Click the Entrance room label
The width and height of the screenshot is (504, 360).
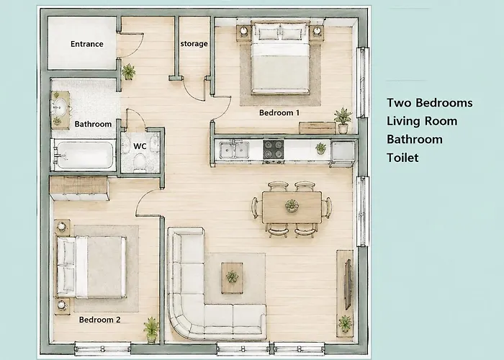(87, 44)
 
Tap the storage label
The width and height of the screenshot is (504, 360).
(194, 43)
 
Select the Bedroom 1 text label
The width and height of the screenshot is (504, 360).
(279, 112)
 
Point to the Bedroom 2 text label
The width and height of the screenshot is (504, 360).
(99, 320)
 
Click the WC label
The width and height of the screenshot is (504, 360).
(140, 146)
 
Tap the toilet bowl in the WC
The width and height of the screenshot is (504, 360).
(140, 162)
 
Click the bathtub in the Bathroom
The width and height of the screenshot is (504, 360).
(84, 156)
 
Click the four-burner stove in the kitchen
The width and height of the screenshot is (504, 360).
(273, 150)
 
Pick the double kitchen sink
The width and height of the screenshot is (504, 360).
(234, 150)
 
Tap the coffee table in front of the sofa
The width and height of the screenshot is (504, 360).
(232, 278)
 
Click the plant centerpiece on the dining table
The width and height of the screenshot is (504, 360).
(292, 206)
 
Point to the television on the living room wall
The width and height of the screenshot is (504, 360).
(348, 284)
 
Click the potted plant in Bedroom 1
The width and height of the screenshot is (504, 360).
(343, 120)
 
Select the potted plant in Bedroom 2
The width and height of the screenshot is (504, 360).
(151, 330)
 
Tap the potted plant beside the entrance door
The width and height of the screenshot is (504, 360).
(129, 72)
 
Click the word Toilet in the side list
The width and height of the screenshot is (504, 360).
(402, 158)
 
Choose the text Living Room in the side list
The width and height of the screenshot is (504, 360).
(422, 121)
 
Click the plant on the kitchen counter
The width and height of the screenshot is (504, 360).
(320, 148)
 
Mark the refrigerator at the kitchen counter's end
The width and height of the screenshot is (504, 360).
(343, 153)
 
